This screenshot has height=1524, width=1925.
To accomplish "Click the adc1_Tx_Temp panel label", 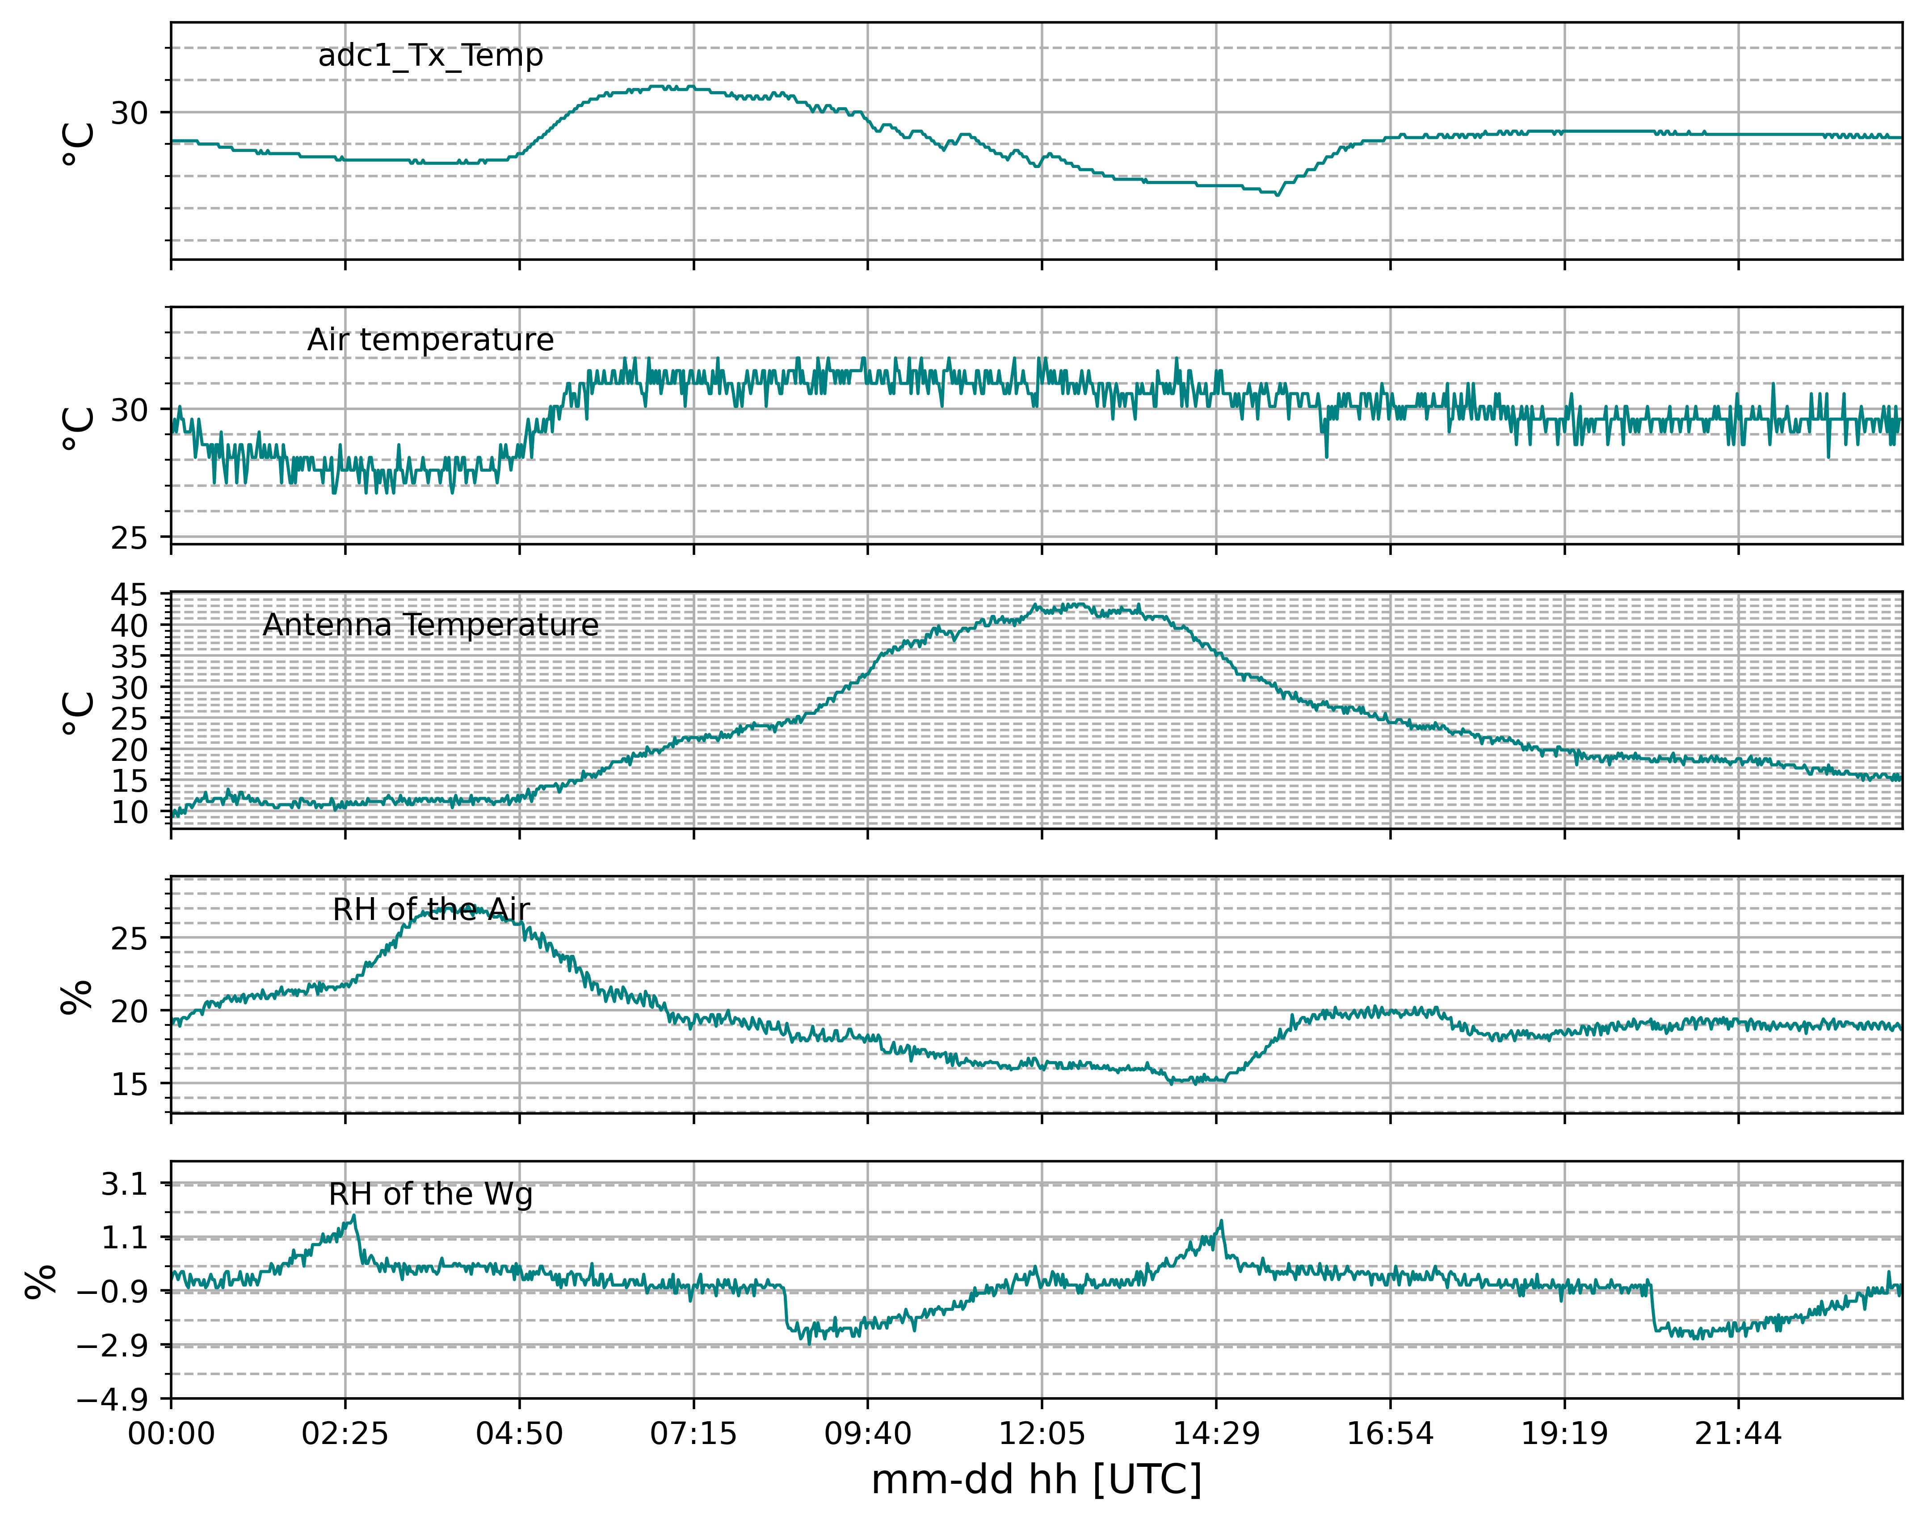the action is pos(430,55).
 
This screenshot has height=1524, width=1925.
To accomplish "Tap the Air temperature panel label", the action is pos(430,340).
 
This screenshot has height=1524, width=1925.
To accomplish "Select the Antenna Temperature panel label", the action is pos(430,625).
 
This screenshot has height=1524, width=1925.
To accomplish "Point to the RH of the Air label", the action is pos(430,909).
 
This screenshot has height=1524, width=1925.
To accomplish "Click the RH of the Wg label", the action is pos(430,1194).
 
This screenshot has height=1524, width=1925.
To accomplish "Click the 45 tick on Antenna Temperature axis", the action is pos(130,595).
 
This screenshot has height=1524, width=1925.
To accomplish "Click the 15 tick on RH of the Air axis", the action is pos(130,1084).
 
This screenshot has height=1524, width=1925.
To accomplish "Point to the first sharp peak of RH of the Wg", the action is pos(354,1215).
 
